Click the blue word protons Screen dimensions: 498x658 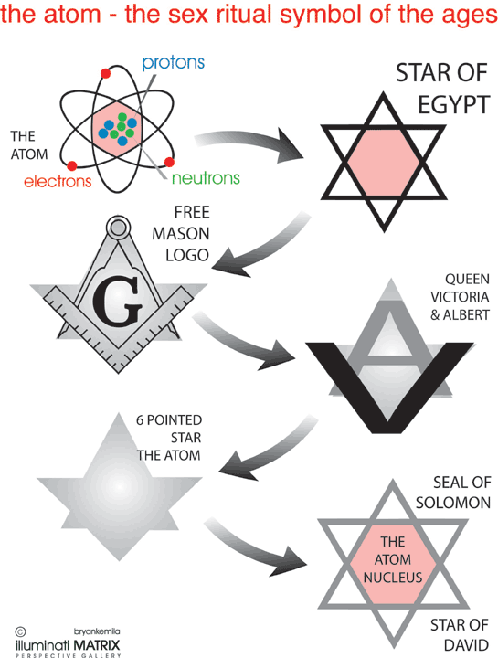pos(173,63)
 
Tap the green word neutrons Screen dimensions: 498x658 pos(206,178)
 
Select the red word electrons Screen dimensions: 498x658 pos(58,181)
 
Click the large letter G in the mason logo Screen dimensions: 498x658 pos(117,301)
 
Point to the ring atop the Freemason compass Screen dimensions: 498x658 pos(118,228)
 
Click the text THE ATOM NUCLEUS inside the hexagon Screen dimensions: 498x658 pos(393,559)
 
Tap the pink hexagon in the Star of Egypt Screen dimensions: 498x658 pos(384,162)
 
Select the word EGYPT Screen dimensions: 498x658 pos(453,105)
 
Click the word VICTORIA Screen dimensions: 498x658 pos(460,297)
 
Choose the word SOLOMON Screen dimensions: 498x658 pos(452,503)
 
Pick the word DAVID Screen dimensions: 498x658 pos(466,644)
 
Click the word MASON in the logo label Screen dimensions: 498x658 pos(180,234)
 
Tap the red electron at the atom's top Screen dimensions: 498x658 pos(105,73)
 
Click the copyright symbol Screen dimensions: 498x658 pos(20,631)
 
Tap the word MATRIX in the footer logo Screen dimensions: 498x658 pos(97,644)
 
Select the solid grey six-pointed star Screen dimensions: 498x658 pos(120,487)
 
